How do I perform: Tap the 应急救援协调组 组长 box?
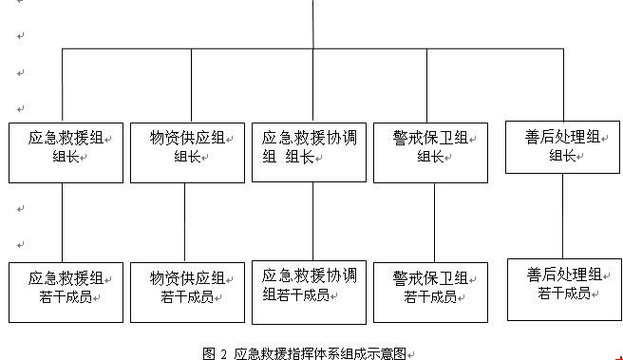309,152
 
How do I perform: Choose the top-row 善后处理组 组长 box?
562,147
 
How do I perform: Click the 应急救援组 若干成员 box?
66,292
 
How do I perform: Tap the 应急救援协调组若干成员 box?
309,289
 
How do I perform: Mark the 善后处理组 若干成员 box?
562,288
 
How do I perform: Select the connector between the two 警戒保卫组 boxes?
434,222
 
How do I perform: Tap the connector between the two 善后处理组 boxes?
562,215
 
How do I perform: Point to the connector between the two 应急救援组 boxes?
63,222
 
